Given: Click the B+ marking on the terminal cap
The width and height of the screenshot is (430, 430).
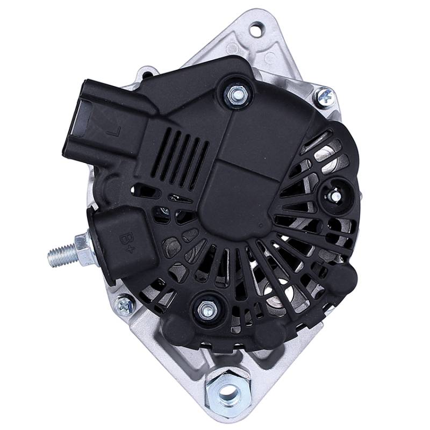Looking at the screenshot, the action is click(127, 242).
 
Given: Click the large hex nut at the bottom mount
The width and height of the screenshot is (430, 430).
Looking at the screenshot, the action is click(227, 389).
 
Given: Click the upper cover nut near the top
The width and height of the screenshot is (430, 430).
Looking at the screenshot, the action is click(235, 95).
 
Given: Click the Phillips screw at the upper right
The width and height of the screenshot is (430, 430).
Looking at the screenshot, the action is click(325, 97).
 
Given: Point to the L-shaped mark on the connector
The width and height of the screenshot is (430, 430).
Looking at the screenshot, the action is click(114, 132).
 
